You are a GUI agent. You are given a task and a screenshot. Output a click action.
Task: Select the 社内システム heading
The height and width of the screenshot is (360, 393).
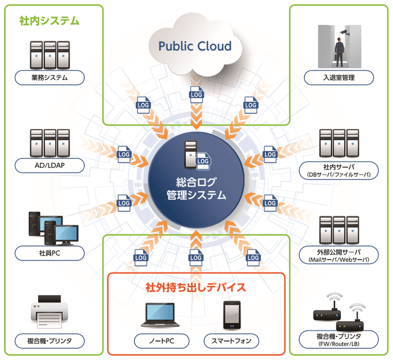click(49, 21)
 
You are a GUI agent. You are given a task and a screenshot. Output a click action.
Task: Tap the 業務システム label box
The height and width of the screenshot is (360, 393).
click(51, 78)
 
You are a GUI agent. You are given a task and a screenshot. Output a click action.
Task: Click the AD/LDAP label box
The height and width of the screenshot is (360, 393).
click(51, 166)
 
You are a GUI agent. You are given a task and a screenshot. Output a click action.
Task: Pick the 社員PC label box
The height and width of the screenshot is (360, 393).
click(51, 253)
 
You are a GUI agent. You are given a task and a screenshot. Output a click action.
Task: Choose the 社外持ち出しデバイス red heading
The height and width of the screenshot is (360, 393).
click(195, 288)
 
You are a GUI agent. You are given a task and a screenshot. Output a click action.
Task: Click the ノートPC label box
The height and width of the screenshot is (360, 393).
click(162, 340)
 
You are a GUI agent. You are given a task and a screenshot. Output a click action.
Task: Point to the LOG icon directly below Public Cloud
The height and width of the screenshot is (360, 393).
click(196, 94)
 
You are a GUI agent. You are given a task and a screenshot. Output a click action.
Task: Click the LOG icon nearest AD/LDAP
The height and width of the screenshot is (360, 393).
click(124, 153)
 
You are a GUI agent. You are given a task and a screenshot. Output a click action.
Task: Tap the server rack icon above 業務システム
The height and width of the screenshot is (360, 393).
click(50, 53)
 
